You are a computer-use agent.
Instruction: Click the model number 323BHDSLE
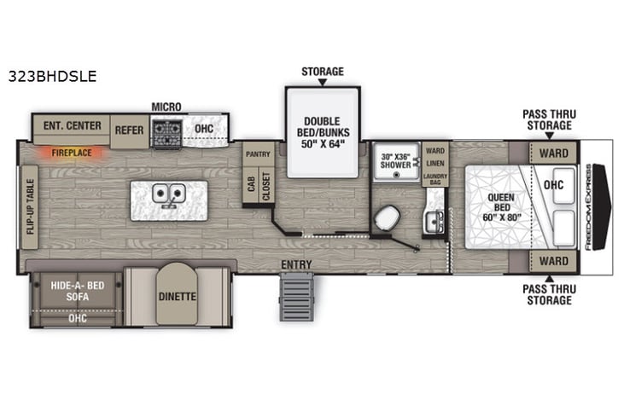[52, 75]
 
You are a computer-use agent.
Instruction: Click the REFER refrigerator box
[130, 130]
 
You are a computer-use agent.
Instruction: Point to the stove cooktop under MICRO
[166, 130]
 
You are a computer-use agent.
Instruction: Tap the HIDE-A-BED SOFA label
[77, 291]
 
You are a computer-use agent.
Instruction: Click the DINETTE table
[177, 296]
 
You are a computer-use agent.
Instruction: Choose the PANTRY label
[258, 154]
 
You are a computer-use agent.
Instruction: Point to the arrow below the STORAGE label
[322, 83]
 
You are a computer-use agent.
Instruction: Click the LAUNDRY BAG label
[435, 177]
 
